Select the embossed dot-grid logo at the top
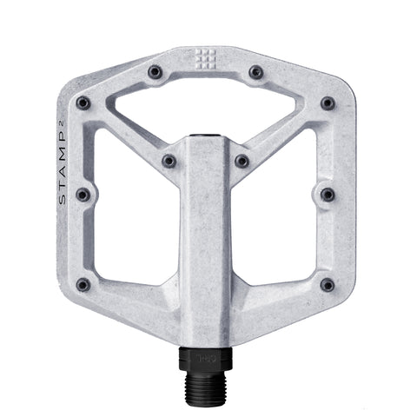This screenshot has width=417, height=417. pyautogui.click(x=206, y=59)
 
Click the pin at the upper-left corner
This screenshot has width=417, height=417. pyautogui.click(x=83, y=103)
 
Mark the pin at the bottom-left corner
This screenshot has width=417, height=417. pyautogui.click(x=83, y=284)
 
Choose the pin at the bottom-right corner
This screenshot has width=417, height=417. pyautogui.click(x=327, y=284)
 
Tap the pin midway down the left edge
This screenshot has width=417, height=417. pyautogui.click(x=83, y=194)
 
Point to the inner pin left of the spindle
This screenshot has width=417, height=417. pyautogui.click(x=169, y=162)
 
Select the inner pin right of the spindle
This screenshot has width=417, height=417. pyautogui.click(x=242, y=162)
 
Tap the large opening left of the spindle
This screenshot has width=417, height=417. pyautogui.click(x=135, y=217)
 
